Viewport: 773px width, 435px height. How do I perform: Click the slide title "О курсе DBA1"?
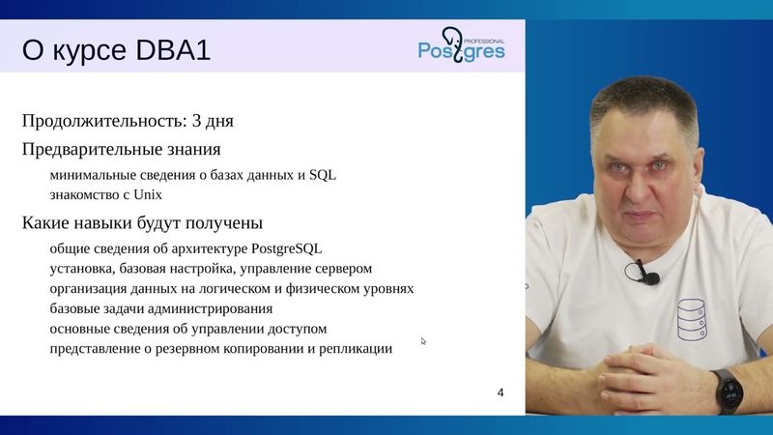pos(116,50)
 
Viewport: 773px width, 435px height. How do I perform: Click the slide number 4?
pos(500,392)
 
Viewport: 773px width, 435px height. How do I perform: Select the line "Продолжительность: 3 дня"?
pos(128,122)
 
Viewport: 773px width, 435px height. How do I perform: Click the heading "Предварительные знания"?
pos(121,150)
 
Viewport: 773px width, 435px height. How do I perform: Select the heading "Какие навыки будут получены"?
pos(142,223)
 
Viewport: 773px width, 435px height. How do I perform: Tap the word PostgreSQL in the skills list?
pos(286,248)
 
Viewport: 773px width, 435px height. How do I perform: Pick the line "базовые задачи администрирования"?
pos(160,308)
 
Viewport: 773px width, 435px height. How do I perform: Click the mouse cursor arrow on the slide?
pos(423,340)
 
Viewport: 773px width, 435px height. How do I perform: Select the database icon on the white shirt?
pos(692,320)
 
